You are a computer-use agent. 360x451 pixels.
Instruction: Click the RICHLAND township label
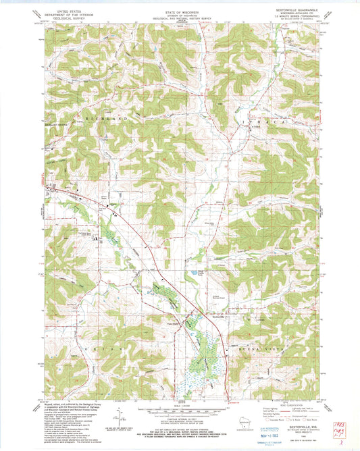(x=101, y=118)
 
